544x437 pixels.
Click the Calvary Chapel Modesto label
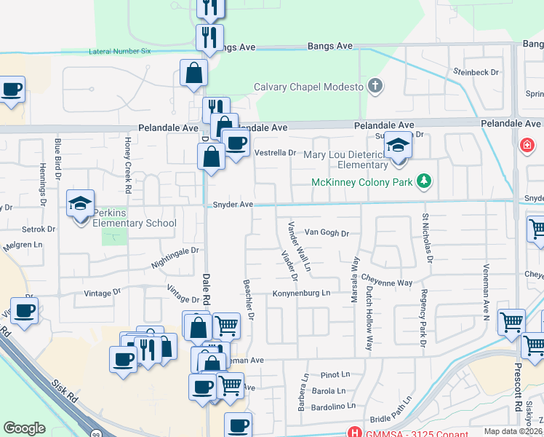(308, 87)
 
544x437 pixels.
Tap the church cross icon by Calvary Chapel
(375, 87)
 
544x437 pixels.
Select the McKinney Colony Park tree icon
(423, 181)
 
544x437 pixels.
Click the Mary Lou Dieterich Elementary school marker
(398, 146)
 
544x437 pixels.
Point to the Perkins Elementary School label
(135, 223)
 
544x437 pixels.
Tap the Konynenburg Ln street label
(301, 294)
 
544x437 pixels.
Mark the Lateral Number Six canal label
(119, 52)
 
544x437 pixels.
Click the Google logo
(24, 428)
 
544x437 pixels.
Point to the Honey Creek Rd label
(128, 155)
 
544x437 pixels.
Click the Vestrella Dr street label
(276, 153)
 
